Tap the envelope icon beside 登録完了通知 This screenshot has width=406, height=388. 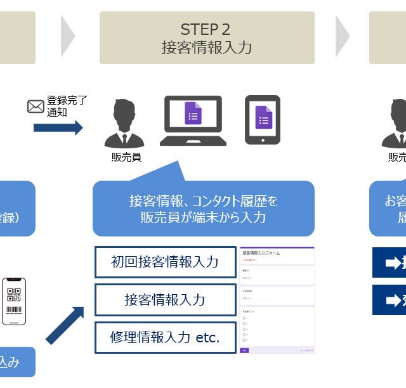click(36, 107)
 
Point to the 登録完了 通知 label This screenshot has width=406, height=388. click(66, 106)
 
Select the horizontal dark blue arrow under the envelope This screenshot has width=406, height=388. click(58, 127)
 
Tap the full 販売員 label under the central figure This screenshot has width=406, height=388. click(126, 157)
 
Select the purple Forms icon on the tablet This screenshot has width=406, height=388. click(263, 118)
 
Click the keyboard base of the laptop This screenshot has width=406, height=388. click(193, 141)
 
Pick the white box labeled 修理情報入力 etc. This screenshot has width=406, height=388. click(164, 337)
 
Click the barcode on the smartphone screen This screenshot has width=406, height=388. click(14, 311)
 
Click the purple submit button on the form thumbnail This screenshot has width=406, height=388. click(245, 349)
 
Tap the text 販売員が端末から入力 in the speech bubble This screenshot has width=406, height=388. click(203, 217)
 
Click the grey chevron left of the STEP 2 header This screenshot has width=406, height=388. click(68, 36)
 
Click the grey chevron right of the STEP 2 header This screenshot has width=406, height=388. click(343, 36)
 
